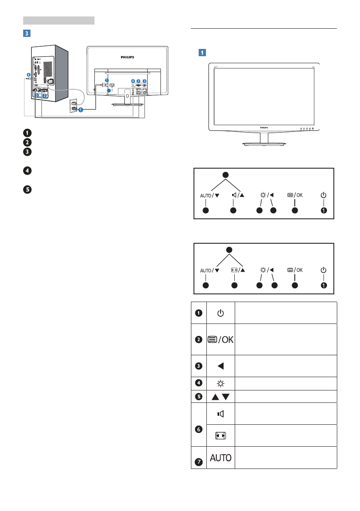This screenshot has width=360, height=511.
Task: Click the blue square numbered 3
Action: click(x=27, y=33)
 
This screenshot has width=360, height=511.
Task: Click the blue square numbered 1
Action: click(x=203, y=52)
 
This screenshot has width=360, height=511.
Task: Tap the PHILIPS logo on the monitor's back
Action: click(x=127, y=57)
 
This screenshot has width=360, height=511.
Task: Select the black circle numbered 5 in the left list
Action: click(x=27, y=189)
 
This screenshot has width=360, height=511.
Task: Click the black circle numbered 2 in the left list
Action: click(x=27, y=142)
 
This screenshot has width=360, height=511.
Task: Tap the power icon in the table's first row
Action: click(x=221, y=313)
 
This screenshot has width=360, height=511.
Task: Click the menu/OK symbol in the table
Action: click(x=221, y=339)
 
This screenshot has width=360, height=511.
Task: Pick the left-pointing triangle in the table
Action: click(x=221, y=366)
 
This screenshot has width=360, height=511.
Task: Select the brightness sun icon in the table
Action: click(x=221, y=384)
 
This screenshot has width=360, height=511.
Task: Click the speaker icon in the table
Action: click(x=221, y=414)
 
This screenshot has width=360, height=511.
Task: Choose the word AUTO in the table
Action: click(x=221, y=458)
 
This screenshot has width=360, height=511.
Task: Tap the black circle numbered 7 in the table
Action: click(x=199, y=462)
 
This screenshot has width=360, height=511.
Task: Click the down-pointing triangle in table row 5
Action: click(x=226, y=396)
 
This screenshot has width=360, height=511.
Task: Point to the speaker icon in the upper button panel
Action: click(x=234, y=195)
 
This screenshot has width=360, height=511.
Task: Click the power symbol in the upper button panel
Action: click(x=324, y=195)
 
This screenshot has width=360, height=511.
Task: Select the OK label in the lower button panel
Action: click(x=299, y=270)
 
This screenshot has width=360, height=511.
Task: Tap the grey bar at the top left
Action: click(x=59, y=21)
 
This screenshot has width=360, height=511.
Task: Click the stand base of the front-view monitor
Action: click(x=264, y=144)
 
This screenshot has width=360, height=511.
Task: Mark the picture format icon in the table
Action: click(x=221, y=436)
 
